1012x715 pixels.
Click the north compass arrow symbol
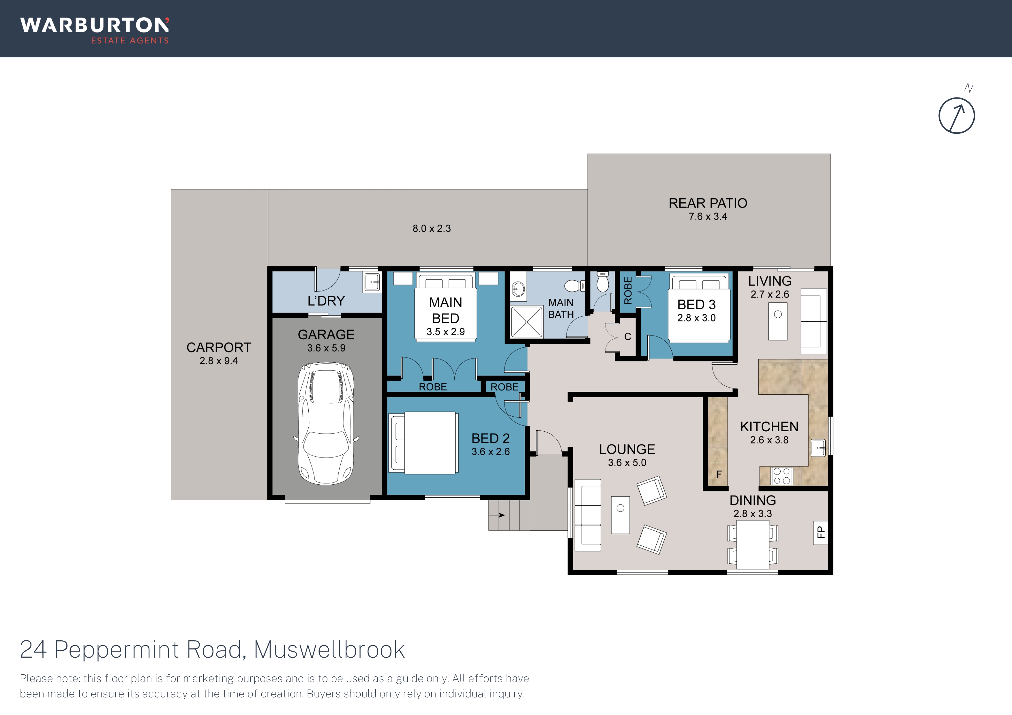[x=956, y=115]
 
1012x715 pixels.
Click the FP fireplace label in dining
[x=820, y=533]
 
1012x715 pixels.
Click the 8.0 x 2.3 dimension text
[x=432, y=229]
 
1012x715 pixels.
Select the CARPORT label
[x=219, y=348]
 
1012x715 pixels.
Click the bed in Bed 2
[x=423, y=443]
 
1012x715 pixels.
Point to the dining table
[x=753, y=545]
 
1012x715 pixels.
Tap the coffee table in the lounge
[x=621, y=515]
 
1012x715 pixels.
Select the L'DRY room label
[x=326, y=301]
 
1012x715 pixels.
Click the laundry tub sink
[x=372, y=282]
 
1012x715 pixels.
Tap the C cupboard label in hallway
[x=628, y=336]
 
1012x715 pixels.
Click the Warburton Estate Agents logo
[x=94, y=30]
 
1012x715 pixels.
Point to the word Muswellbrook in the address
[x=329, y=649]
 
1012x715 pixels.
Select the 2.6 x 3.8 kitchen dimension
[x=769, y=440]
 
